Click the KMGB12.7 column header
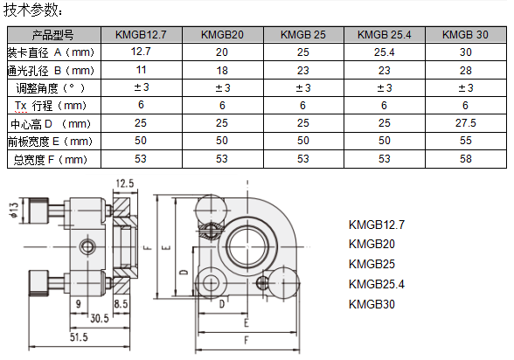[x=141, y=35]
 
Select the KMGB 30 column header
[x=465, y=35]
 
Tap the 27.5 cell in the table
[x=465, y=123]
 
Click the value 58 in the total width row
[x=465, y=159]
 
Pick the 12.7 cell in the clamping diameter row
[x=141, y=52]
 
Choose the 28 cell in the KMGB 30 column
[x=465, y=71]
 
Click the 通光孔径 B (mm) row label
[x=51, y=71]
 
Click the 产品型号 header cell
[x=52, y=35]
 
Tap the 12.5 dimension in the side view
[x=125, y=183]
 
